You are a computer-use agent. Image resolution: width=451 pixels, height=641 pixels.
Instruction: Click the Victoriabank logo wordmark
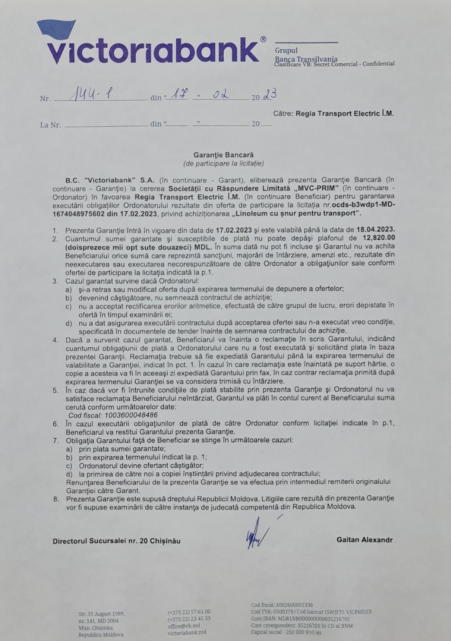(152, 50)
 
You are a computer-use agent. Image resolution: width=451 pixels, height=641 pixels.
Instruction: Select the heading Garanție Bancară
(223, 155)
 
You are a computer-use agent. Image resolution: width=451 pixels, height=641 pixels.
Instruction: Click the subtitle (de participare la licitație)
(223, 163)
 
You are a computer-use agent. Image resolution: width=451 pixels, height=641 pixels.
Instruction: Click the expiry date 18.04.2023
(376, 230)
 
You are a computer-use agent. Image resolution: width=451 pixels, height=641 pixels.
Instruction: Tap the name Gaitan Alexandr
(364, 540)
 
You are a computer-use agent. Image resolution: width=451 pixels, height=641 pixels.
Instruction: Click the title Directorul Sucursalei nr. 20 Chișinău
(116, 541)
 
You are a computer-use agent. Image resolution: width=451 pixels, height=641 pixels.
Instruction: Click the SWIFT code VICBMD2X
(359, 612)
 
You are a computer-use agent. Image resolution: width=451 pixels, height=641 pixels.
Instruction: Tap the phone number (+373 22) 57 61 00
(189, 612)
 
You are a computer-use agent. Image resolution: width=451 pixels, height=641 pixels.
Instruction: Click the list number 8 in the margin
(56, 498)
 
